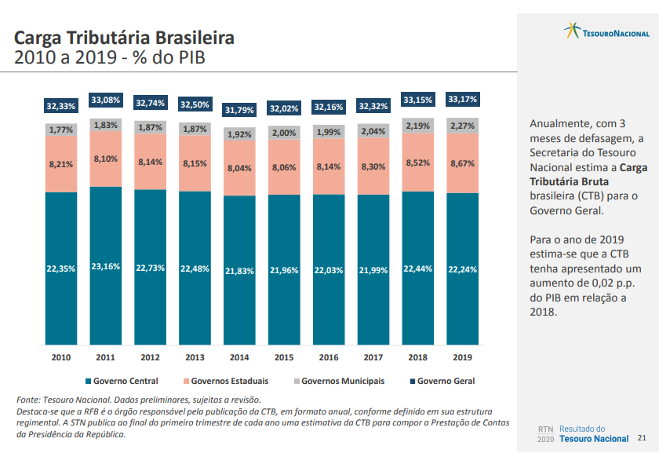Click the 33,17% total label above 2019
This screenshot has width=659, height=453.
click(463, 100)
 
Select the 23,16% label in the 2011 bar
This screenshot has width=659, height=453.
click(105, 267)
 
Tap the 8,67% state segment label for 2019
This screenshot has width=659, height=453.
click(463, 163)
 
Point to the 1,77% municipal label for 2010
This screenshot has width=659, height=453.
click(61, 130)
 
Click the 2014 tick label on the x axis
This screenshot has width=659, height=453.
click(239, 357)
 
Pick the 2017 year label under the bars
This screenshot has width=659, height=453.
click(373, 357)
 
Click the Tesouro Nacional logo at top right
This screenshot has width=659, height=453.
click(606, 31)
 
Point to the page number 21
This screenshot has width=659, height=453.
click(643, 437)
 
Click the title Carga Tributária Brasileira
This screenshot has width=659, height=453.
click(124, 38)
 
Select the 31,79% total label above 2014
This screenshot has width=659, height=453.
click(239, 110)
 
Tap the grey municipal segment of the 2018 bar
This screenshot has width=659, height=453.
click(418, 126)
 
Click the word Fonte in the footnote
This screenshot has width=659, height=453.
click(29, 400)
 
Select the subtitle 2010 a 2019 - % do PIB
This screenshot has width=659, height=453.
click(110, 58)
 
